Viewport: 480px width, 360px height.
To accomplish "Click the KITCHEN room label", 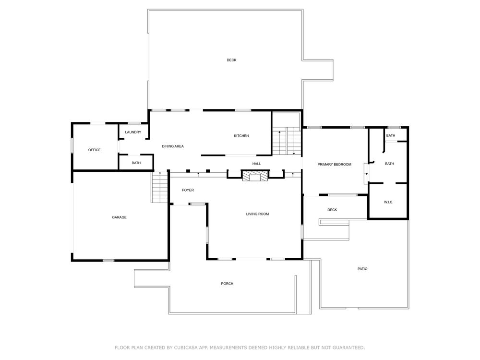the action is tap(241, 136).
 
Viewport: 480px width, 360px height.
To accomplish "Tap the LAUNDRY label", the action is tap(133, 132).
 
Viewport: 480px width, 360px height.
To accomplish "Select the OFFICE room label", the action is tap(94, 150).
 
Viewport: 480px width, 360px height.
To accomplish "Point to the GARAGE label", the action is tap(119, 217).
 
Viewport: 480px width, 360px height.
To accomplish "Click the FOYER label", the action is tap(188, 190).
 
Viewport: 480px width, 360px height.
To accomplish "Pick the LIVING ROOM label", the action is tap(257, 214).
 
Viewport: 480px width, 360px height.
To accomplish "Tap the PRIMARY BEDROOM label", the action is tap(334, 164).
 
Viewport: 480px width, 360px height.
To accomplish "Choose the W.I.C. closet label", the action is tap(388, 202).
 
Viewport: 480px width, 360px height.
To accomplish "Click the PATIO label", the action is tap(362, 269).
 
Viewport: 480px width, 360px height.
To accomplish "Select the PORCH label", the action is tap(227, 284).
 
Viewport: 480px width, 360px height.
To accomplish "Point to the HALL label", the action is tap(256, 164).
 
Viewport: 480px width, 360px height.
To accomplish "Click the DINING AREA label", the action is tap(173, 146).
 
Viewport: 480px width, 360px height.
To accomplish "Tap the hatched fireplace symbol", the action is tap(255, 176).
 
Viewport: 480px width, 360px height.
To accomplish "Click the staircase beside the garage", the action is tap(159, 187).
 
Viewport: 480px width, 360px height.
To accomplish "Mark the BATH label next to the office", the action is tap(136, 163).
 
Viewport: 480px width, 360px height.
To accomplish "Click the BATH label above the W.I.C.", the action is tap(389, 164).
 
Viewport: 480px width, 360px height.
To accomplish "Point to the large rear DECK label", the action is tap(231, 60).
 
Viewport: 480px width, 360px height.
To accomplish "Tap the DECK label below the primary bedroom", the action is tap(332, 210).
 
